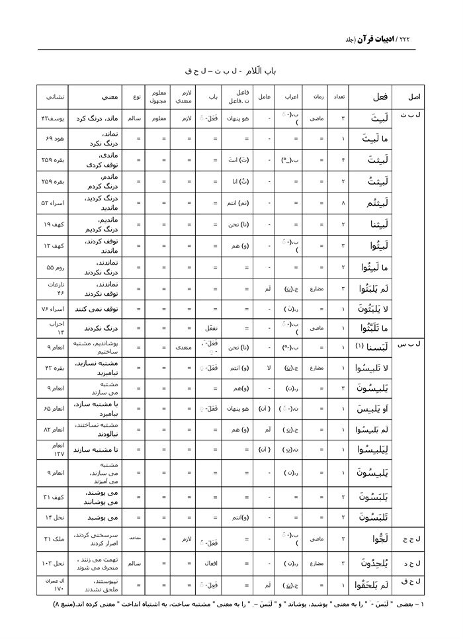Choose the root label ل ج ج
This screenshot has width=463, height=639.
[413, 539]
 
